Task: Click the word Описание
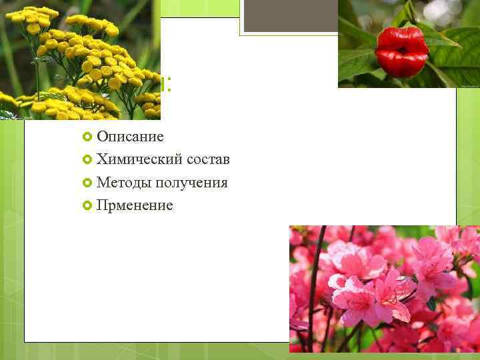click(x=130, y=137)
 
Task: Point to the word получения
click(x=193, y=183)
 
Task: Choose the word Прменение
click(x=135, y=205)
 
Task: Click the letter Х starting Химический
click(x=101, y=160)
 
